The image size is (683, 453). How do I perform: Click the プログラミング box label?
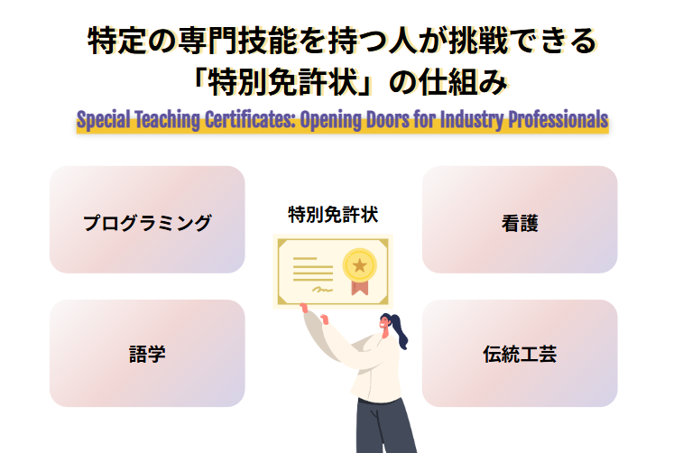click(147, 223)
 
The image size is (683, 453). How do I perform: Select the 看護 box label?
click(520, 223)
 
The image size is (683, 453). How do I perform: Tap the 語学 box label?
click(147, 354)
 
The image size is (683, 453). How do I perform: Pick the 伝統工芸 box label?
click(520, 354)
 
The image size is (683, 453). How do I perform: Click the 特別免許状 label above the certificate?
click(333, 215)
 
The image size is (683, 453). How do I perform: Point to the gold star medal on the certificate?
click(360, 264)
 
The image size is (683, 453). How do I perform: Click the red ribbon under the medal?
click(360, 288)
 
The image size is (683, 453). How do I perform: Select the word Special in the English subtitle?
click(104, 121)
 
